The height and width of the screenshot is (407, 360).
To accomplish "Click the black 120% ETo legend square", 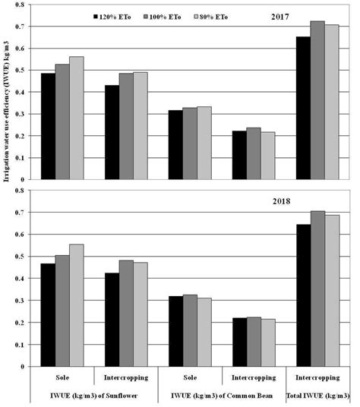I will (x=96, y=15).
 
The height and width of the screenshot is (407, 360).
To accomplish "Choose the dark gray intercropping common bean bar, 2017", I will (x=188, y=154).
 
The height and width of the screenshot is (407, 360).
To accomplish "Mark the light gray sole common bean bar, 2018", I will (x=204, y=332).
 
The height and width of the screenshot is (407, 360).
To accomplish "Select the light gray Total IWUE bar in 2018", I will (x=332, y=291).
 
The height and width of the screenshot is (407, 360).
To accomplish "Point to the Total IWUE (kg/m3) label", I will (x=318, y=396).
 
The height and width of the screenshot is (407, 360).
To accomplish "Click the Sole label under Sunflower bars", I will (x=62, y=377).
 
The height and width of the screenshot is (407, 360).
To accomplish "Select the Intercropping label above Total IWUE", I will (x=317, y=377).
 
